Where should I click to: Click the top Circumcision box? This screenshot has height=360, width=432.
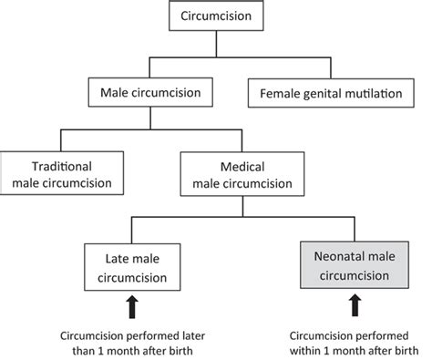(x=216, y=16)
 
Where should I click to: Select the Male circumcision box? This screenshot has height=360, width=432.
(x=152, y=92)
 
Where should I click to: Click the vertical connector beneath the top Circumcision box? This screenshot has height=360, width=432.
(x=216, y=45)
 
